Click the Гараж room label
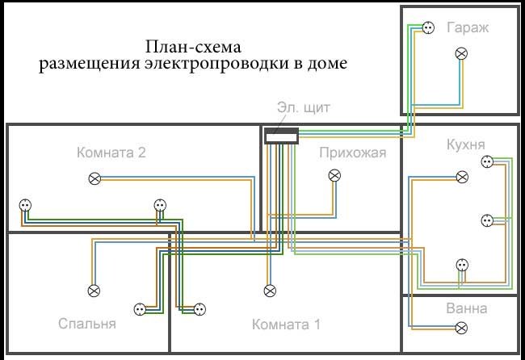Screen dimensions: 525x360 point(468,27)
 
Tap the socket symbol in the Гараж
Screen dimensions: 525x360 point(428,27)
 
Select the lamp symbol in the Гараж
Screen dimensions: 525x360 point(462,53)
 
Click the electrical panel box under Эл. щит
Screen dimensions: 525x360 point(281,136)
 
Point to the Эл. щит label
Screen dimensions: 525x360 point(304,107)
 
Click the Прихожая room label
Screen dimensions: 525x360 point(353,153)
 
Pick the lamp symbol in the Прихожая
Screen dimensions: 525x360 point(334,175)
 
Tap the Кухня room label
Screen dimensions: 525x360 point(466,144)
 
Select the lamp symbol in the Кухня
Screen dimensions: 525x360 point(462,177)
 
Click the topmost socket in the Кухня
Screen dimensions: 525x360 point(487,162)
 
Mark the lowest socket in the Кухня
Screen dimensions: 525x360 point(462,265)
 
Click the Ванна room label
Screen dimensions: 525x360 point(466,308)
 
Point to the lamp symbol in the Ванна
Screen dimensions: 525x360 point(462,328)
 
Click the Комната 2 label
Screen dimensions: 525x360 point(111,153)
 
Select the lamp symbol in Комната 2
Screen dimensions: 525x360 point(94,178)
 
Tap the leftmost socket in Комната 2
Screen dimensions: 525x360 point(25,205)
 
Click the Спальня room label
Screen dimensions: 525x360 point(87,324)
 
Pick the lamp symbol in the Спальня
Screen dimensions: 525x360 point(94,291)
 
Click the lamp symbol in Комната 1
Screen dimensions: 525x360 point(270,291)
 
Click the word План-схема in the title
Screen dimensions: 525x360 point(193,47)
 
